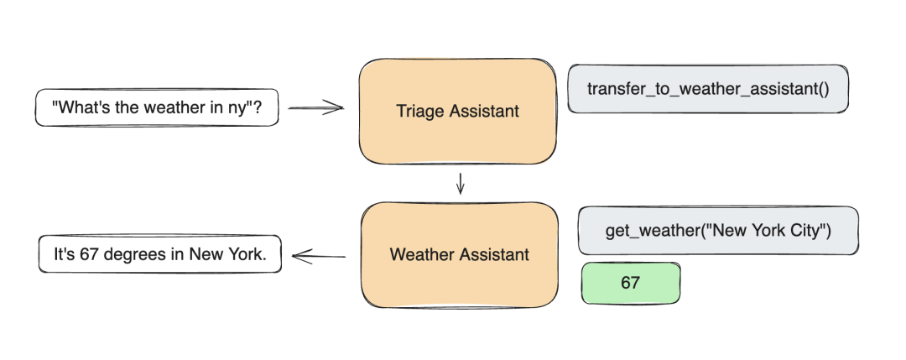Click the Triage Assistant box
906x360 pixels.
pos(458,111)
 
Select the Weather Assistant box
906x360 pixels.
pos(459,254)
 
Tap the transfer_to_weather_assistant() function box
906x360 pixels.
pos(707,88)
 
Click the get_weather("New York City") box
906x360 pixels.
pos(718,231)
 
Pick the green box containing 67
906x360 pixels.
pos(631,283)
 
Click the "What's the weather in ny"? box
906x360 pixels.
pos(156,107)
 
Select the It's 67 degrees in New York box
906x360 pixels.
pos(159,254)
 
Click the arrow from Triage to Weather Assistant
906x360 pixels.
pos(460,183)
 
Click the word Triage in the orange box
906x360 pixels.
pos(419,111)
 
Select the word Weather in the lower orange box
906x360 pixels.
pos(417,254)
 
